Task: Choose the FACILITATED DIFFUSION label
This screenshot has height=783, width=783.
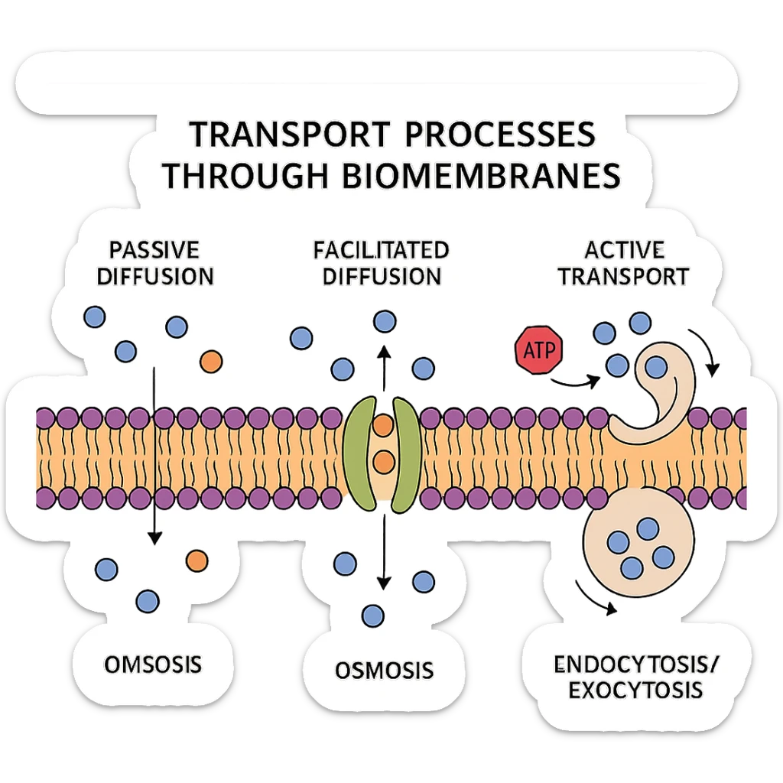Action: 381,262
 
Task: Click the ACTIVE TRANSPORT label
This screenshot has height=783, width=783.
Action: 623,262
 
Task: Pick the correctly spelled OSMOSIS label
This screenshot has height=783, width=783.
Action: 384,670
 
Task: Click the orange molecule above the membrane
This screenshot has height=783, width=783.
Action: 210,360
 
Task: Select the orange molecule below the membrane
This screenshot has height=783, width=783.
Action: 197,560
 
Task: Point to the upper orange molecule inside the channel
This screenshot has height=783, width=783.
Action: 382,425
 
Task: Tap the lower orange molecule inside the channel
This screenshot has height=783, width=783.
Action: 382,460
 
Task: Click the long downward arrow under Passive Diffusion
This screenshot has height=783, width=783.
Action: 155,459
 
